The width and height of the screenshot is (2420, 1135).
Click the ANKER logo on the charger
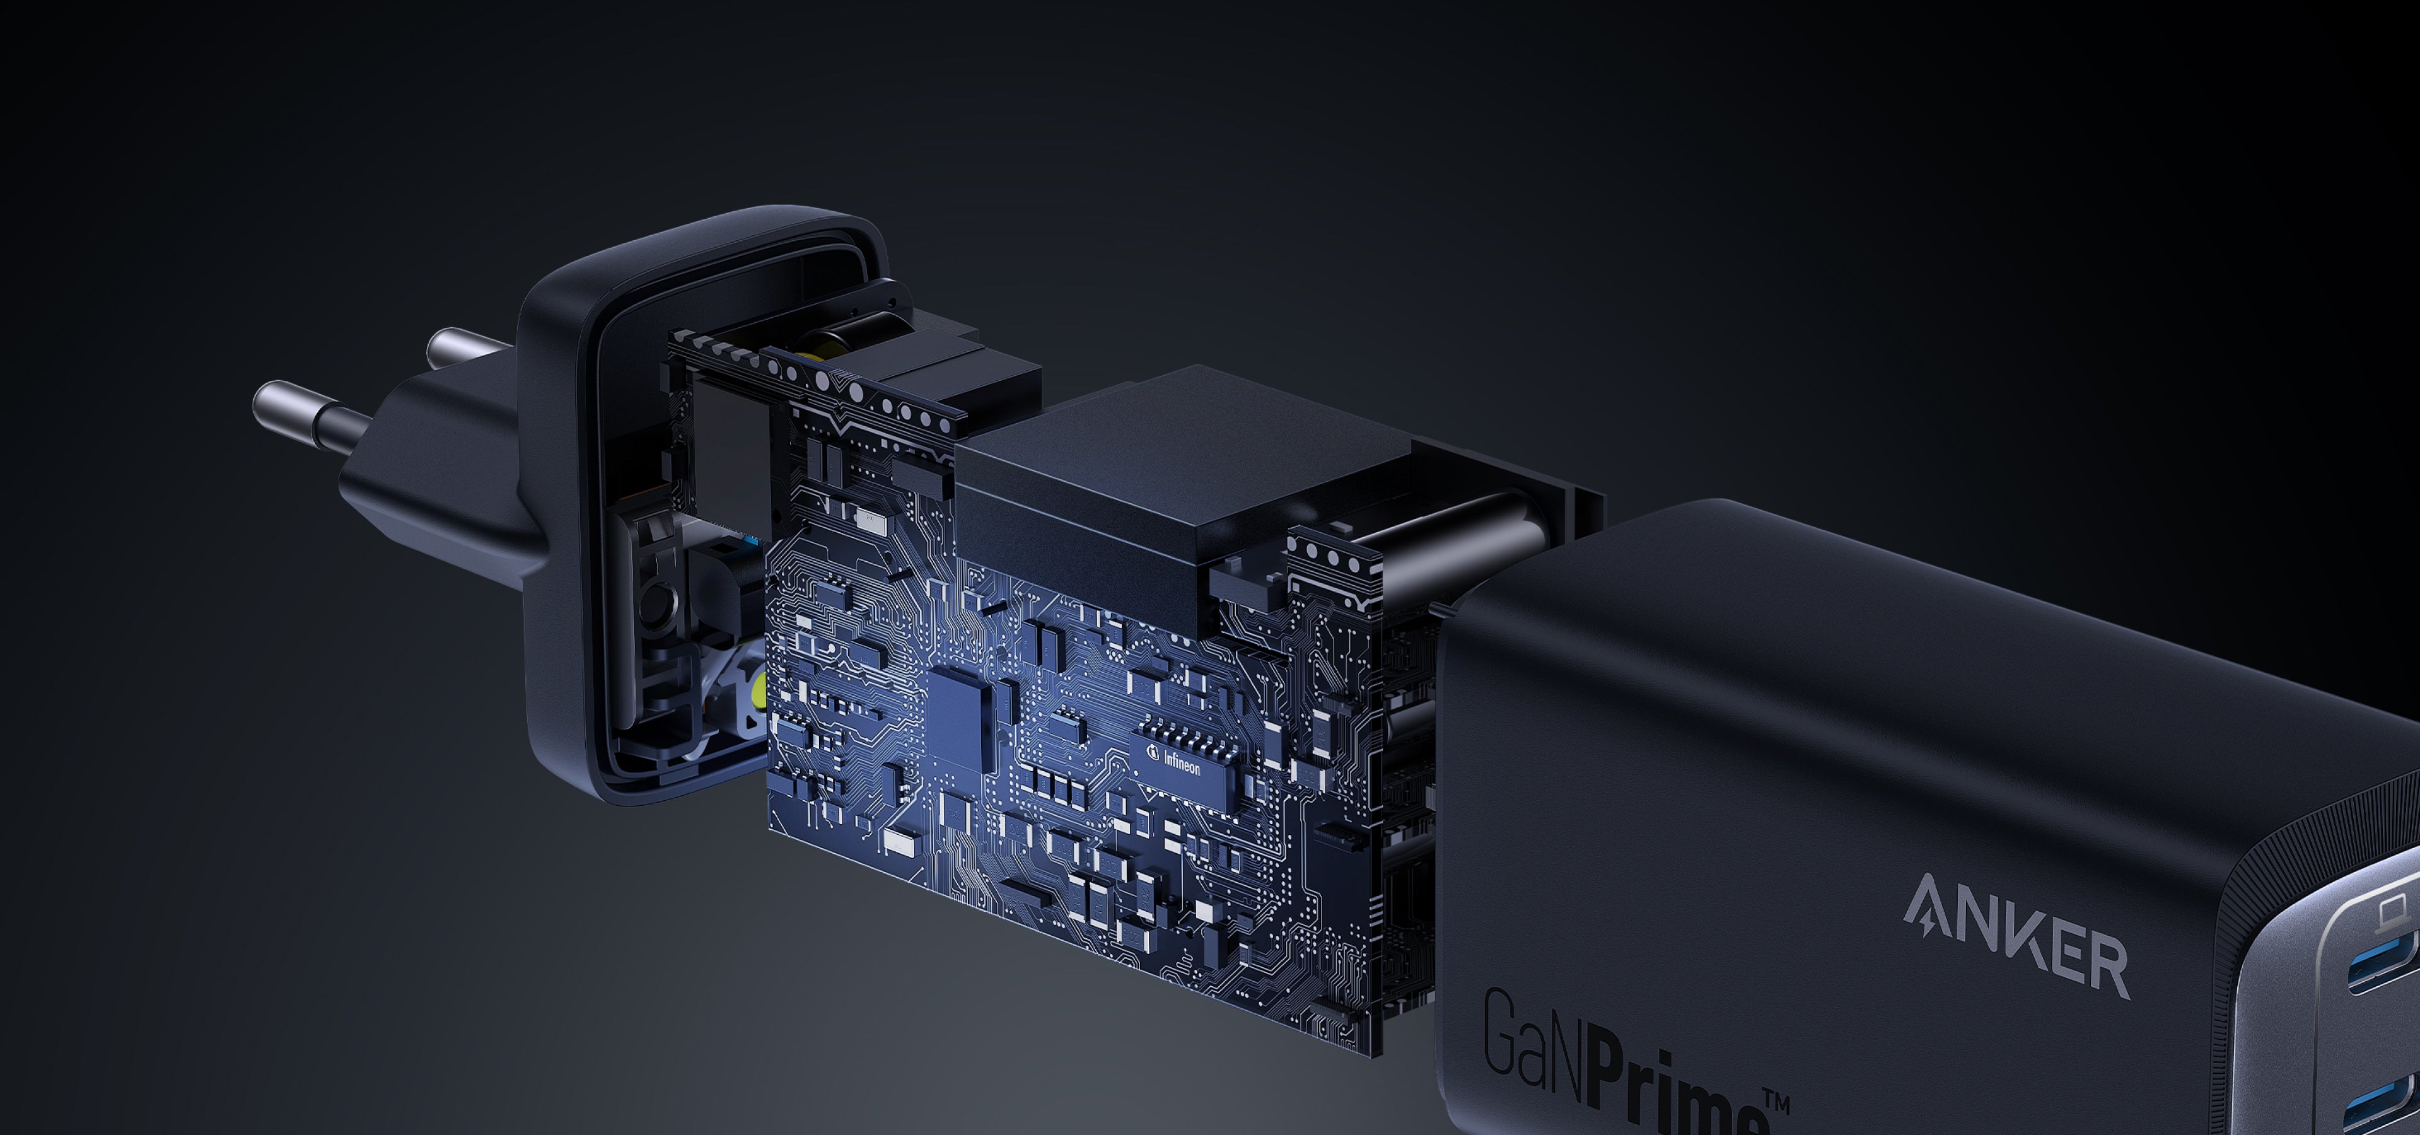click(x=2016, y=935)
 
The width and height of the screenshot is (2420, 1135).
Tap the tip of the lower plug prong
click(x=261, y=401)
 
